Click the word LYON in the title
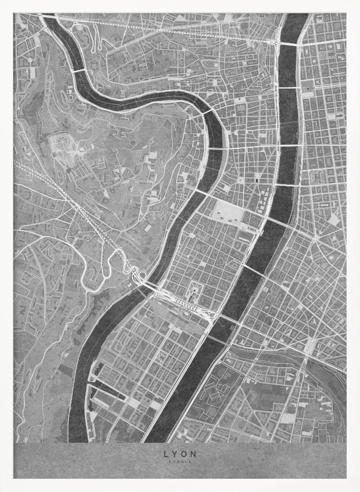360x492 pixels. [180, 454]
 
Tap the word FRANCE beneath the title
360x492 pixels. [180, 461]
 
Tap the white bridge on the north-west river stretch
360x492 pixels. [78, 71]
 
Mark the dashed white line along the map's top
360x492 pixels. [163, 29]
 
